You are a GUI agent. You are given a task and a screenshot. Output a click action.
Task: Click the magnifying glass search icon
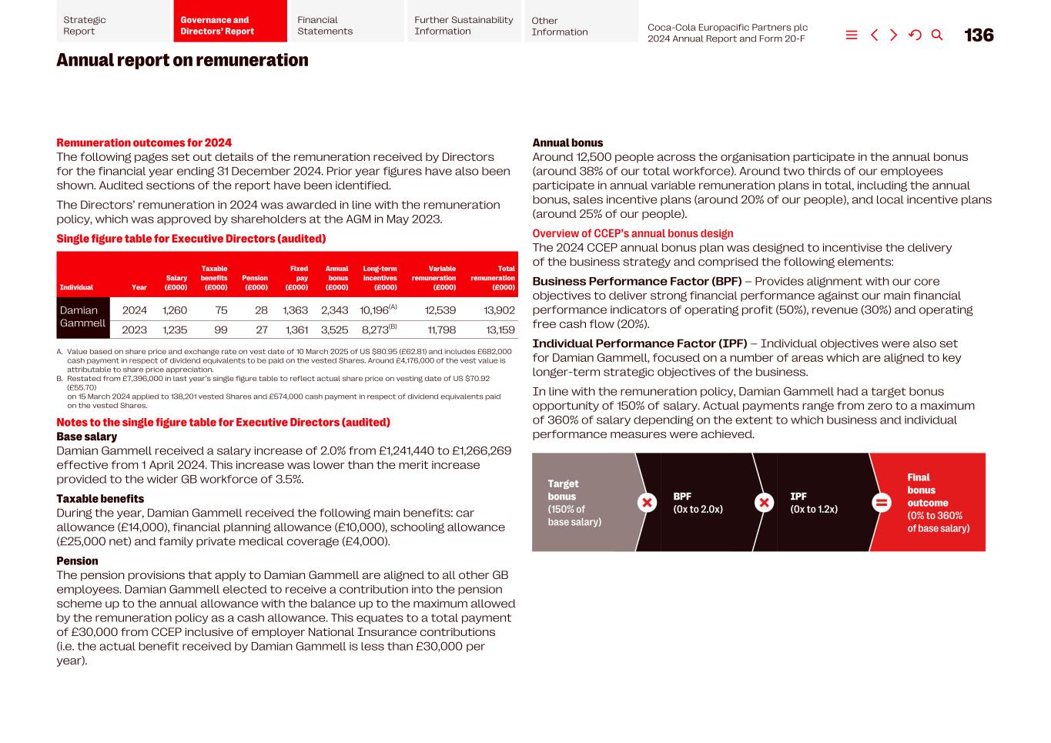click(937, 35)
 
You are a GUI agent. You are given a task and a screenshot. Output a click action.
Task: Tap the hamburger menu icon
click(852, 35)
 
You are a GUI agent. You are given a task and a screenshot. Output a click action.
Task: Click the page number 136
click(979, 35)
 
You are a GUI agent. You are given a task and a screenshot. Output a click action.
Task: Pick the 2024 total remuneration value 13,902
click(499, 310)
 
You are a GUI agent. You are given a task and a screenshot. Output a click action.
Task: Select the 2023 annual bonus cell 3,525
click(334, 330)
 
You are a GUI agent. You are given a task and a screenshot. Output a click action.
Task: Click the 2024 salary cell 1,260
click(175, 310)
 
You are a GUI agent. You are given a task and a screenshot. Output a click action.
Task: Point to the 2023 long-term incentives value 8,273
click(376, 330)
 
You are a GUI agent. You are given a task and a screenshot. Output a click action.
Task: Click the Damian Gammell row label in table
click(82, 316)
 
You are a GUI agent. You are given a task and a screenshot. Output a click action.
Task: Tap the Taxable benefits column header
click(214, 278)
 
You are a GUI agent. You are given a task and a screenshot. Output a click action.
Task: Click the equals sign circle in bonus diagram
click(881, 503)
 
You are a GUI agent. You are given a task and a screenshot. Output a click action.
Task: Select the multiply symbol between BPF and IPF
click(764, 503)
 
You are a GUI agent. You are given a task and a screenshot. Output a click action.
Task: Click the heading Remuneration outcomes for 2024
click(144, 143)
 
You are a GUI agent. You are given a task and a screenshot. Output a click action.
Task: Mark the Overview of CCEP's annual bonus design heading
click(632, 234)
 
